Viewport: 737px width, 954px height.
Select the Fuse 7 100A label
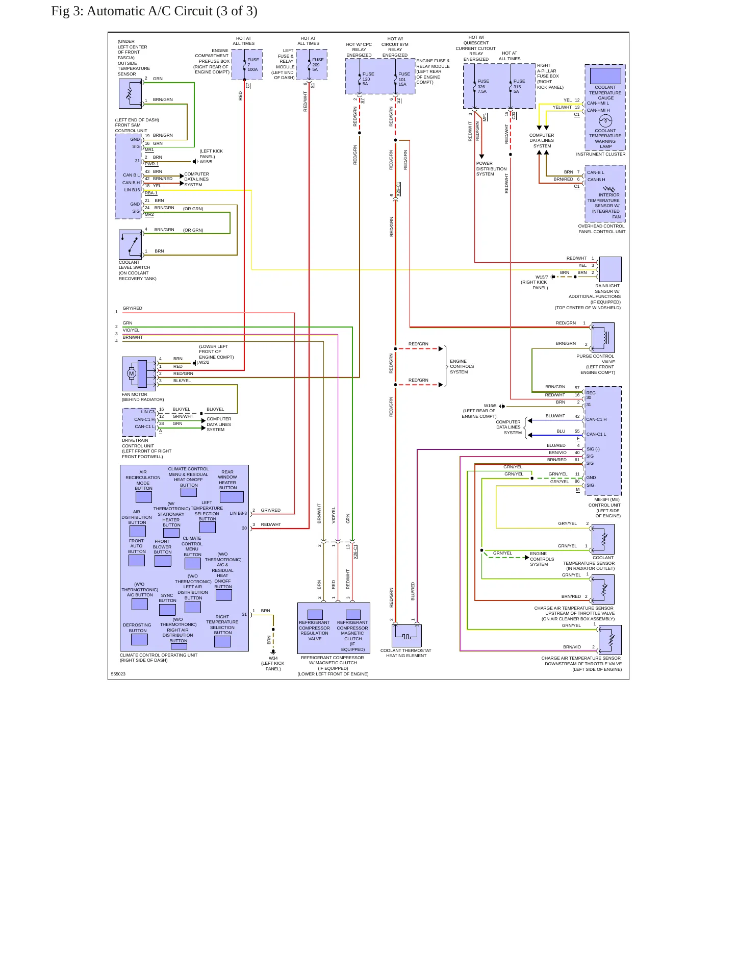click(253, 65)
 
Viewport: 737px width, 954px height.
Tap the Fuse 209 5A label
click(318, 65)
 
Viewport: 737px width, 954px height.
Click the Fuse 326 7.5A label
click(483, 86)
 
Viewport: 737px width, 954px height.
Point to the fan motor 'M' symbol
click(131, 374)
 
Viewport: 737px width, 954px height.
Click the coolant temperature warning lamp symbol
click(605, 121)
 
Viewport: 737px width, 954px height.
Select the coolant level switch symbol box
click(130, 245)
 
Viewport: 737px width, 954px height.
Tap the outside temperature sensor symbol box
click(130, 93)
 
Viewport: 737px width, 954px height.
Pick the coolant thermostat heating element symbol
click(406, 636)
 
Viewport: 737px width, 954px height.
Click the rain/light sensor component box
click(610, 269)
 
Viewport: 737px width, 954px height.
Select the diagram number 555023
click(118, 674)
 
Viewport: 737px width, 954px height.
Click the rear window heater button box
click(232, 497)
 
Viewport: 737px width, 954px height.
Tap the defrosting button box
click(139, 639)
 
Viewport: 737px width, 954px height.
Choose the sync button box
click(167, 610)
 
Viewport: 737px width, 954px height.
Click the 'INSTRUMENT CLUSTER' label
click(601, 154)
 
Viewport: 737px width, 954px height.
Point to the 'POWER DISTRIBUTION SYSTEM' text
click(491, 169)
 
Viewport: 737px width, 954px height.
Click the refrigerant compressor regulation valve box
click(315, 615)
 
